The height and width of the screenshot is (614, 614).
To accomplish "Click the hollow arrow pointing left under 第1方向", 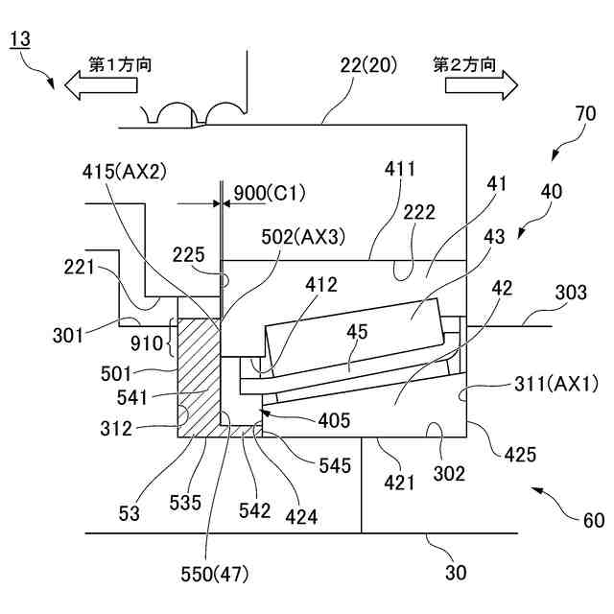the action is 101,85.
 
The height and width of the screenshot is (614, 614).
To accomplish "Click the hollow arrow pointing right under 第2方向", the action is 482,85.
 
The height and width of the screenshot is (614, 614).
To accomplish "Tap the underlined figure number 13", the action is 19,39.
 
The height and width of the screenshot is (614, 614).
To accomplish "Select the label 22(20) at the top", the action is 368,65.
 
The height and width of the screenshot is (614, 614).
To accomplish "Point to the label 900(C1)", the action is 270,193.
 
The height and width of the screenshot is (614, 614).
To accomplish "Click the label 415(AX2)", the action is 125,172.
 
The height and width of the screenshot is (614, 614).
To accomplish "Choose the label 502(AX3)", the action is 303,237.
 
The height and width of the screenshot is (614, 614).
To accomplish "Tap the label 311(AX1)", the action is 556,384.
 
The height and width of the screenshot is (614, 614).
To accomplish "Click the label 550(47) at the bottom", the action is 215,575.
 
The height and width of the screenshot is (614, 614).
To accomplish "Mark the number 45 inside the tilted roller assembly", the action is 357,331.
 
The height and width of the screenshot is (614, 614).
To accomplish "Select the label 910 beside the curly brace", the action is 147,343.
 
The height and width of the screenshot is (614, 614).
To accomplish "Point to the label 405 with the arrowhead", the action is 334,420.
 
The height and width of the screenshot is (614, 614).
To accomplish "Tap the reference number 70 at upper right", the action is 585,113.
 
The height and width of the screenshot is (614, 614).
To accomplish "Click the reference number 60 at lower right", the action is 594,520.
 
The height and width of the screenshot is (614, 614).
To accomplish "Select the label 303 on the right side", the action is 571,293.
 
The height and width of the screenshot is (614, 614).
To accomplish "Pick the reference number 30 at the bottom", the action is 456,573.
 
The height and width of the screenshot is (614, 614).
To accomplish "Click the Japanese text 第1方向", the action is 120,64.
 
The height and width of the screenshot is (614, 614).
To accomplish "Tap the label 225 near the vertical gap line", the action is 188,255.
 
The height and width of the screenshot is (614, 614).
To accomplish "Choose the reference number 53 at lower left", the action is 129,513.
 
